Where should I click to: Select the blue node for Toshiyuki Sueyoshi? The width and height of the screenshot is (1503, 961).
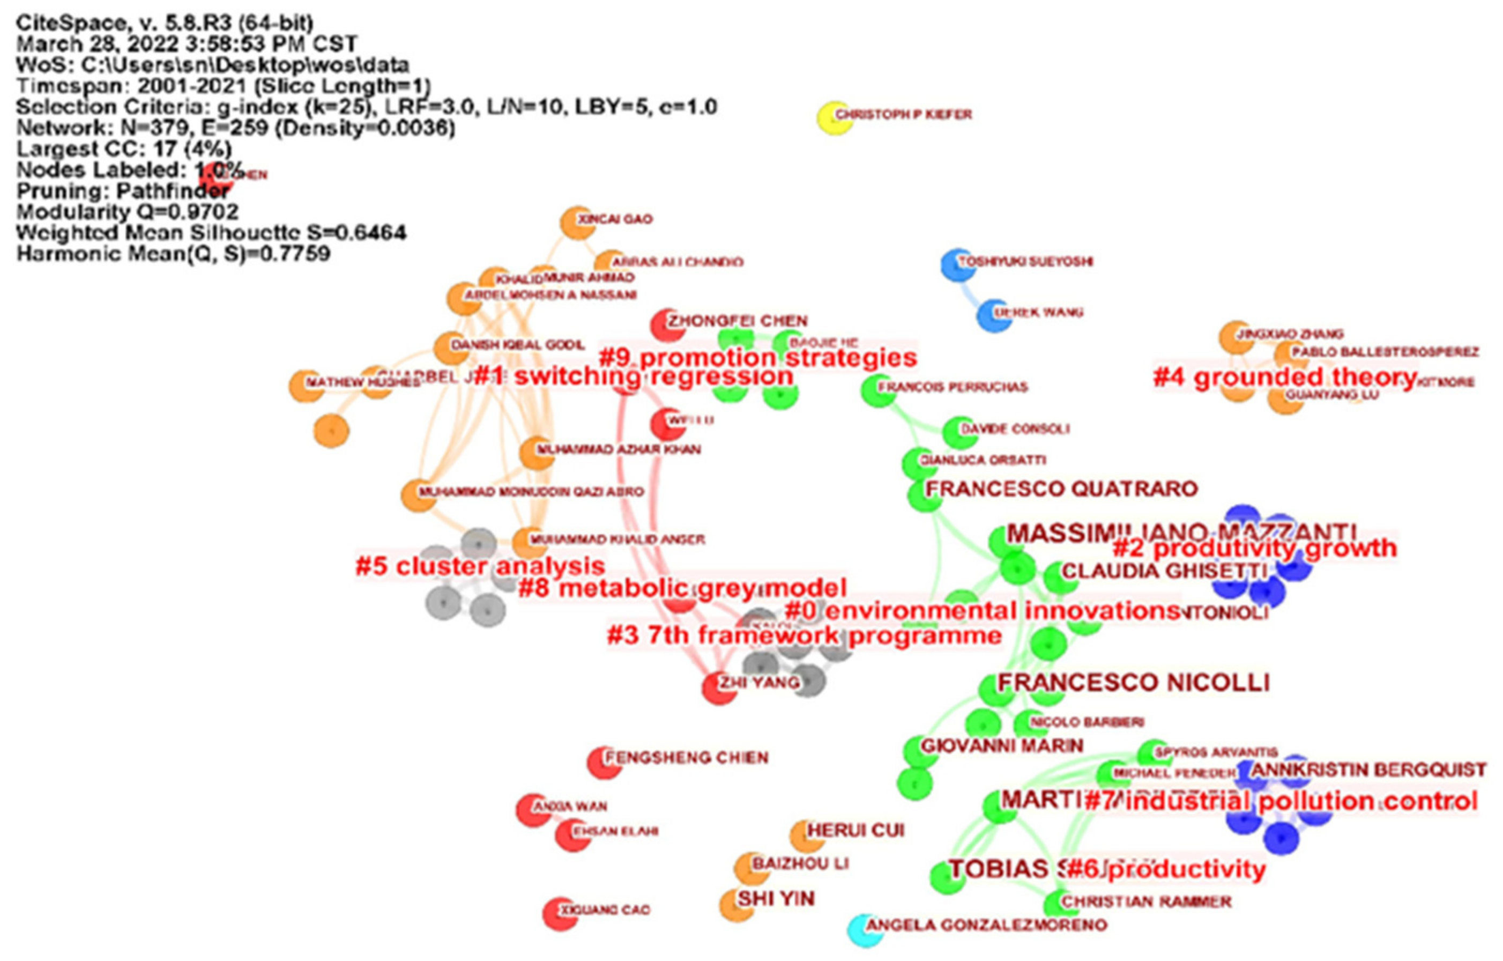point(957,264)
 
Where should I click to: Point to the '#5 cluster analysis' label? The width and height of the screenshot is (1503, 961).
point(480,566)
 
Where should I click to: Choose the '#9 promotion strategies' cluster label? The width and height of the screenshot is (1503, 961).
point(758,358)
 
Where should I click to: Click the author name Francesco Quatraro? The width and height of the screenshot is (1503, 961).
point(1061,489)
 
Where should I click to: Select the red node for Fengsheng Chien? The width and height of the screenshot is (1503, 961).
point(604,762)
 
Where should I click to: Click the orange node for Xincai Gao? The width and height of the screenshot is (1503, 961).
point(577,223)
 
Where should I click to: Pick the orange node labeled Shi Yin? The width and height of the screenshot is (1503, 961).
point(736,905)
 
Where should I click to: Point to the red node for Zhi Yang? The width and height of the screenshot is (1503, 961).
point(719,688)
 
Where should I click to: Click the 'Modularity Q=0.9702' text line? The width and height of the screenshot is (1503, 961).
point(128,212)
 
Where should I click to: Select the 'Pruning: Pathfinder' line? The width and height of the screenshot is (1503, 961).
point(123,190)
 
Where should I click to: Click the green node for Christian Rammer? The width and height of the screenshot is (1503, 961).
point(1054,904)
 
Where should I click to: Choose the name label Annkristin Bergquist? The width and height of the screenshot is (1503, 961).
point(1368,770)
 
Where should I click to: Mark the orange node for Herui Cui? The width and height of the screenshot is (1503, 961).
point(807,836)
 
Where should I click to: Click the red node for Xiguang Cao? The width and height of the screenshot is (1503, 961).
point(560,914)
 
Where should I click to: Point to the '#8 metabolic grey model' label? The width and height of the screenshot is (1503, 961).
point(682,588)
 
